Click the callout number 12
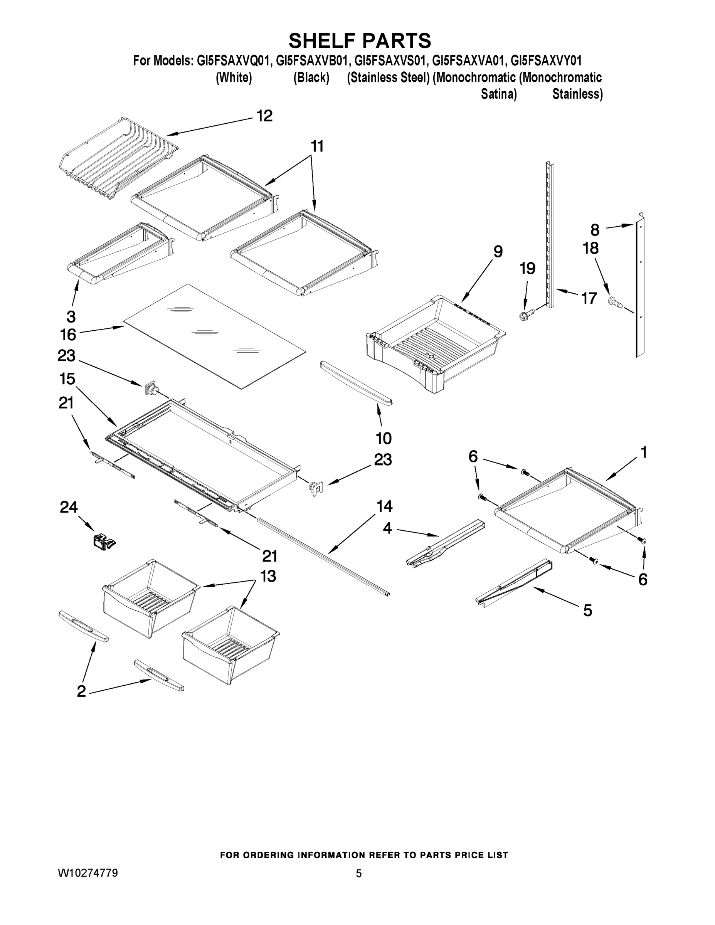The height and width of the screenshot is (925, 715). click(x=265, y=116)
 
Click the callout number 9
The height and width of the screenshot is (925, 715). click(x=498, y=252)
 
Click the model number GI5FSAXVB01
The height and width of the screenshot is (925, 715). click(x=313, y=61)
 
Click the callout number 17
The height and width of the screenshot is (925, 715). click(x=589, y=299)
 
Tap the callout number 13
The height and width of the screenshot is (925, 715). click(x=268, y=576)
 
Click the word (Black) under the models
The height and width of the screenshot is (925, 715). click(x=311, y=77)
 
